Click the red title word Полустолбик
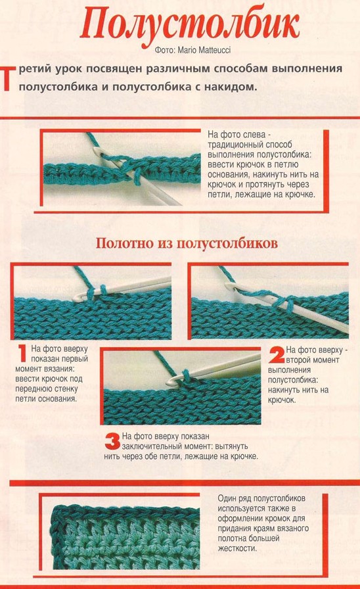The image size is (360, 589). tap(190, 25)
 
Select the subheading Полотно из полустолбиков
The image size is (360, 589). tap(187, 243)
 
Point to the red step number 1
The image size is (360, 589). tap(23, 354)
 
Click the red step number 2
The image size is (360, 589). tap(277, 355)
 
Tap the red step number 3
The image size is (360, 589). tap(112, 441)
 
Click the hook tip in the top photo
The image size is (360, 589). tap(96, 151)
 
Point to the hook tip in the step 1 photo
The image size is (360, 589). tap(76, 298)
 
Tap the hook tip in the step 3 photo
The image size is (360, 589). tap(169, 383)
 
